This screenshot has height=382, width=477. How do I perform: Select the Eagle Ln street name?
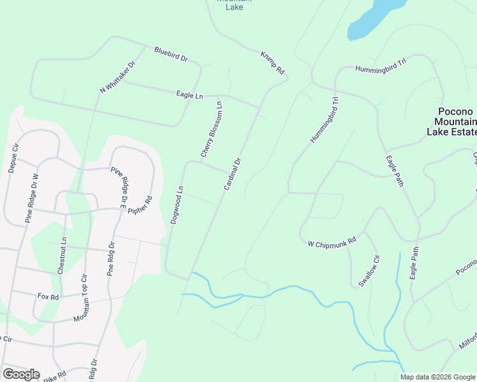189,95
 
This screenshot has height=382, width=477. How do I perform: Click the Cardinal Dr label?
233,174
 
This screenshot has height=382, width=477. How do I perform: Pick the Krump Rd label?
272,63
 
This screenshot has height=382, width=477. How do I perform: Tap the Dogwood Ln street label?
177,204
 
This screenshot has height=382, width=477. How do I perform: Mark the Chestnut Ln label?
62,255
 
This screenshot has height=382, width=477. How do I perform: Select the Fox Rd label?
48,297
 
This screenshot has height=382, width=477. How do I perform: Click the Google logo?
21,374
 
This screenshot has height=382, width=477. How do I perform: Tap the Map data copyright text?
437,377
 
